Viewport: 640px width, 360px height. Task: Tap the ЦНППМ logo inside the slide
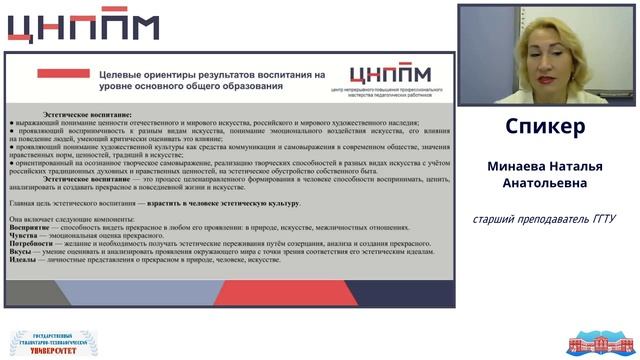click(390, 75)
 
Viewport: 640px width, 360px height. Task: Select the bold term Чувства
click(25, 235)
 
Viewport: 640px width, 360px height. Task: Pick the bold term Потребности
click(32, 243)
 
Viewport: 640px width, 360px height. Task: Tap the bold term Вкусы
click(21, 251)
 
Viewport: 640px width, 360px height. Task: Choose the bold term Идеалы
click(24, 259)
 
